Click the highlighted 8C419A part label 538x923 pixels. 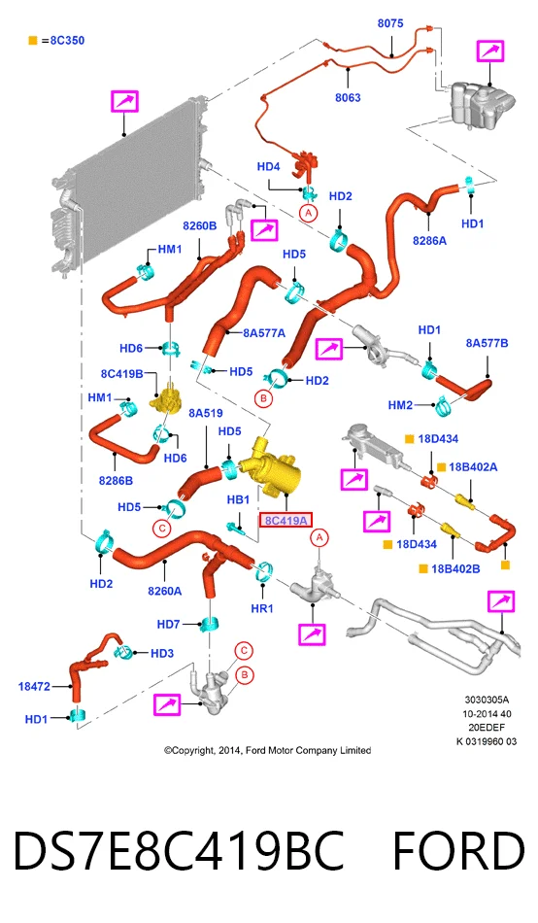[x=286, y=521]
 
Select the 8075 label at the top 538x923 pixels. [x=390, y=23]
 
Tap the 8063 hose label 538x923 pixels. [x=348, y=98]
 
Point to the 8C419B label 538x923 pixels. [x=121, y=374]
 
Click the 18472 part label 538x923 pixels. [x=34, y=686]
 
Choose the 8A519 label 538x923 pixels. [x=206, y=414]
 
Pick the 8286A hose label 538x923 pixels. [x=429, y=240]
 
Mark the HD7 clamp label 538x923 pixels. [x=168, y=624]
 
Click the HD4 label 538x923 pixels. [x=268, y=167]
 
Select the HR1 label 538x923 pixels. [x=262, y=608]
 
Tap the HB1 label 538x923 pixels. [x=238, y=499]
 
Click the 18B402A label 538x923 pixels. [x=473, y=466]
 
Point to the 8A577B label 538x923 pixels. [x=487, y=343]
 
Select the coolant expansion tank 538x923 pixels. [x=482, y=104]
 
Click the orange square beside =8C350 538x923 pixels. [x=33, y=41]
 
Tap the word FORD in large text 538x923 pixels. [x=458, y=851]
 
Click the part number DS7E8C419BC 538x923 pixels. [x=179, y=851]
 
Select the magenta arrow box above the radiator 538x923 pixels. [x=124, y=102]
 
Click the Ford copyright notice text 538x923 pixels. [x=268, y=750]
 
